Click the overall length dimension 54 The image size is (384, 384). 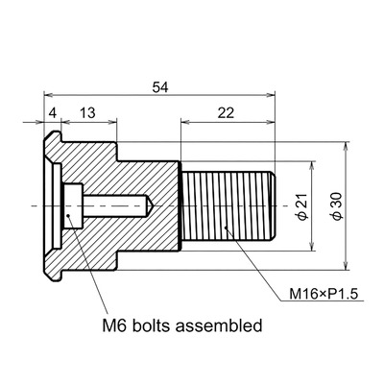click(x=160, y=87)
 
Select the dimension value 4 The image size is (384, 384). click(x=52, y=113)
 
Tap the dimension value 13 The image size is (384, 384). click(x=87, y=113)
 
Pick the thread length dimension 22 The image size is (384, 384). click(x=226, y=113)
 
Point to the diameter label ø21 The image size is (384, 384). click(x=302, y=206)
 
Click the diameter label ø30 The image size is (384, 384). click(x=337, y=206)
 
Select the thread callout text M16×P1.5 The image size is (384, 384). click(x=324, y=294)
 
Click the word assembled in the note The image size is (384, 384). click(x=219, y=325)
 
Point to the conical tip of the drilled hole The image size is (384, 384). click(x=152, y=205)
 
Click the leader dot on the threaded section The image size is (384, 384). click(x=226, y=228)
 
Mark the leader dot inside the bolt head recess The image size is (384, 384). click(x=68, y=216)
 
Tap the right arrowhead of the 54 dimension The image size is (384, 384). click(x=271, y=95)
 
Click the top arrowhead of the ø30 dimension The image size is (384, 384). click(x=346, y=146)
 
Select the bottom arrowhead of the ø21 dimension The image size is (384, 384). click(x=312, y=247)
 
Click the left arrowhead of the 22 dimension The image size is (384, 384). click(x=185, y=122)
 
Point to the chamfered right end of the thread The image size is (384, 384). click(x=272, y=205)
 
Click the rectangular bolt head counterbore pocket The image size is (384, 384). click(x=73, y=205)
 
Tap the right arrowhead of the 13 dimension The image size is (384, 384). click(x=112, y=122)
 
